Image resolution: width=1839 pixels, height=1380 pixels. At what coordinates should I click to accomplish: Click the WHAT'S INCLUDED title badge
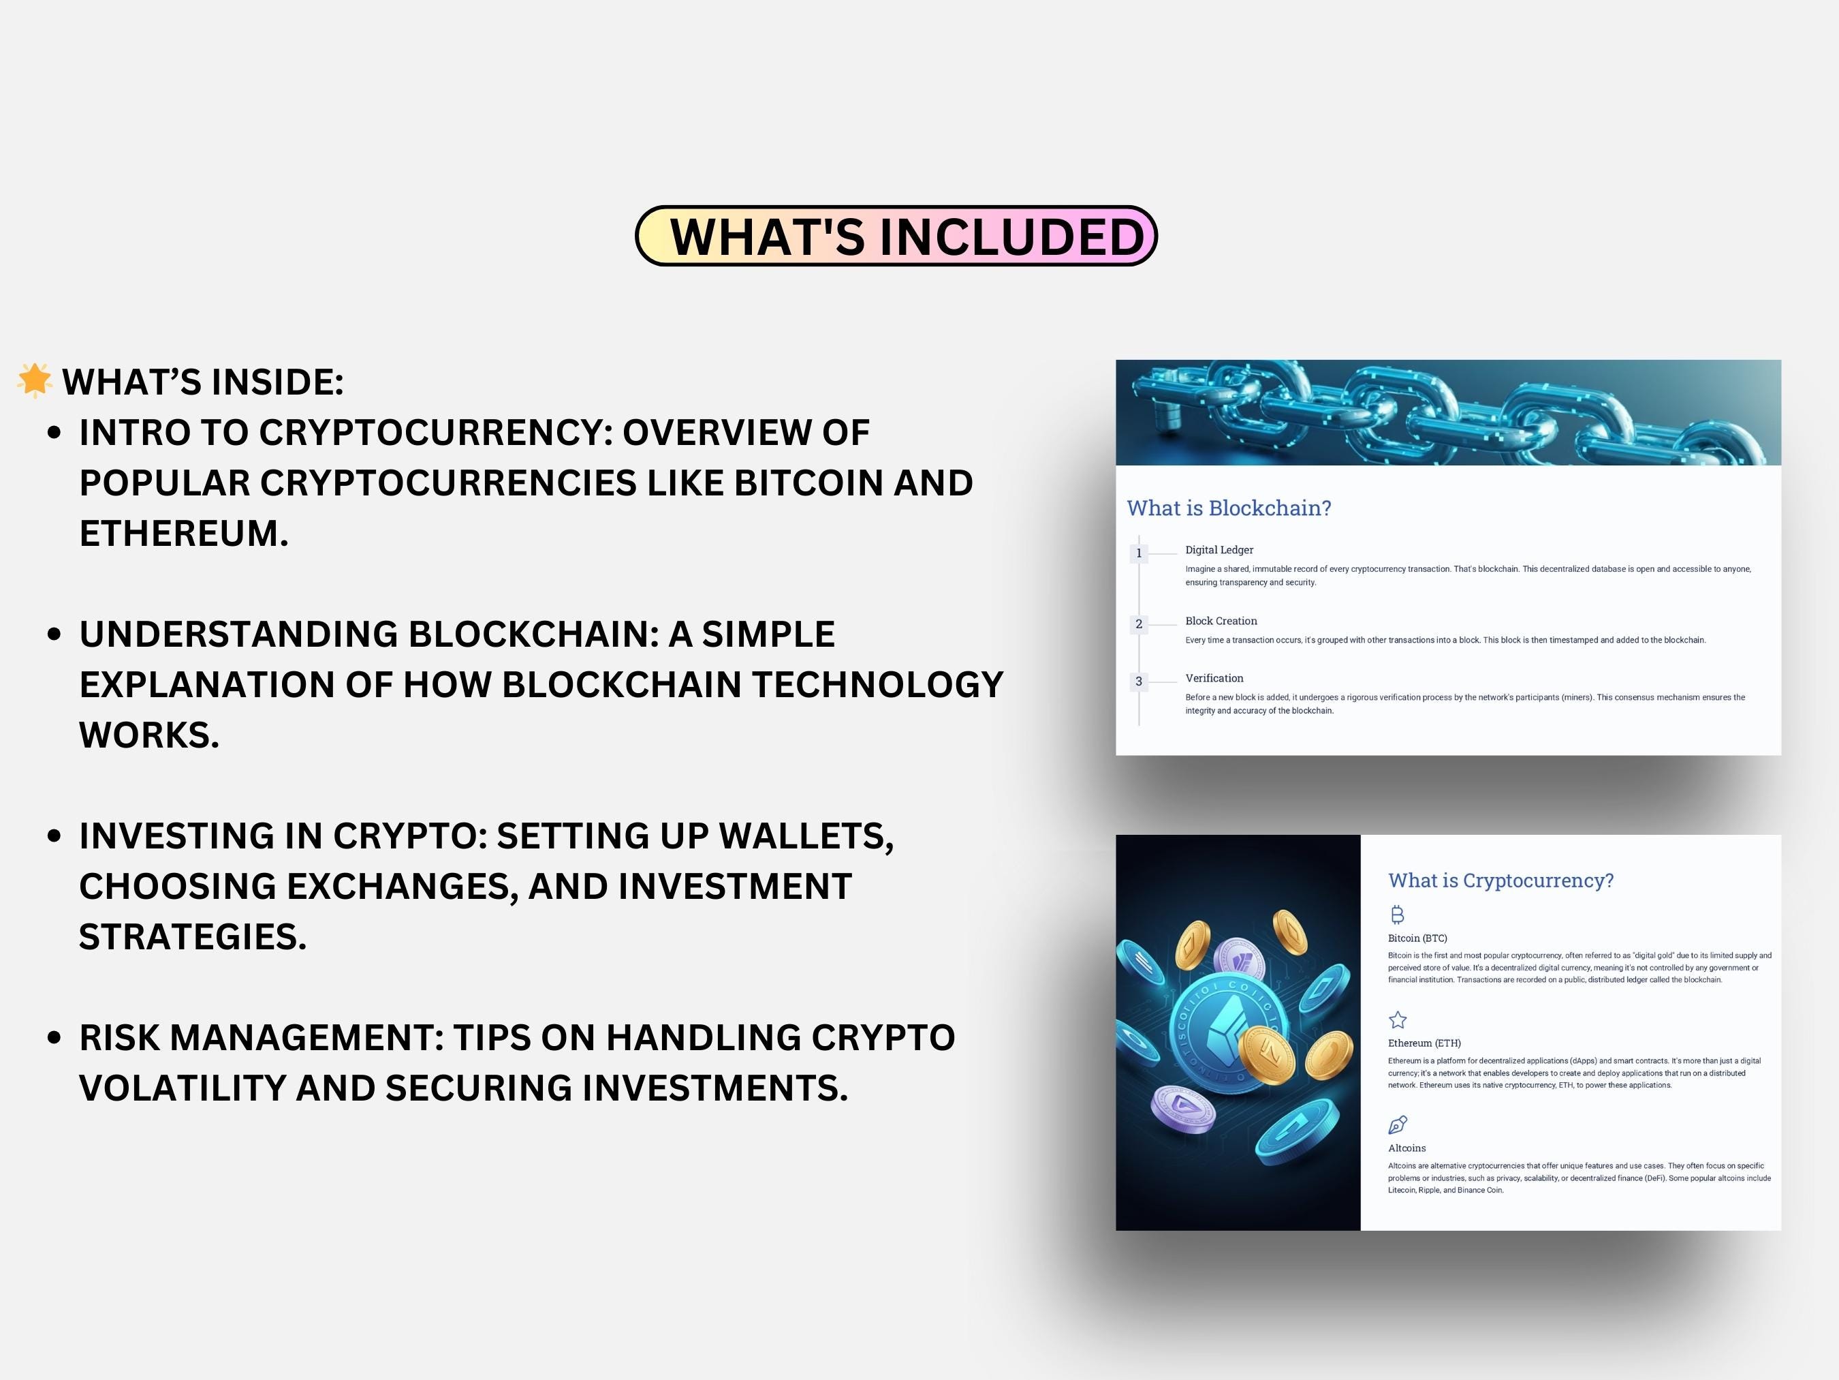(x=896, y=236)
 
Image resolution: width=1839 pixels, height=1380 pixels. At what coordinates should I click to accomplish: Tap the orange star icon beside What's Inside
(x=34, y=380)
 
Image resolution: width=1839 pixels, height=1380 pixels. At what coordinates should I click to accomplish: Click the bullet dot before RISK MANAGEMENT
(x=55, y=1037)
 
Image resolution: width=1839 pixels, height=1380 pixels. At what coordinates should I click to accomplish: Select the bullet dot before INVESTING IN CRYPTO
(x=55, y=836)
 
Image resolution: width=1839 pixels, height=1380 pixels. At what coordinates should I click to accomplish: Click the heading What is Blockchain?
(x=1228, y=508)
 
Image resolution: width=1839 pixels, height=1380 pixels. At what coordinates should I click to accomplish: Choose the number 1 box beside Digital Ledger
(x=1138, y=553)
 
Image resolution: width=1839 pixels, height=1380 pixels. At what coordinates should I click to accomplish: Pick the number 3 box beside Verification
(x=1138, y=681)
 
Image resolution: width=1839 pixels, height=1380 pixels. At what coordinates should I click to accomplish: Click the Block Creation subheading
(x=1221, y=622)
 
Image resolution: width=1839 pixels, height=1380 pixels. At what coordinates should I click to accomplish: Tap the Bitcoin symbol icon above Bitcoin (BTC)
(x=1397, y=915)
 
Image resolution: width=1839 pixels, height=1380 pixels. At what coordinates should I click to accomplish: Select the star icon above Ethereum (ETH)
(x=1398, y=1019)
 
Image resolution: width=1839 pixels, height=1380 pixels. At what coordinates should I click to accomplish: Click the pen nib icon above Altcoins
(x=1398, y=1124)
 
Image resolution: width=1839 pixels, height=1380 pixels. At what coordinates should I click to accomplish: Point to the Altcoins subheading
(x=1406, y=1148)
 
